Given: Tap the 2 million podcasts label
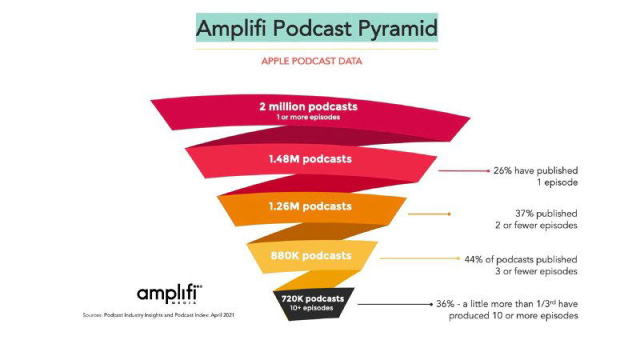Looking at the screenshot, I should (308, 106).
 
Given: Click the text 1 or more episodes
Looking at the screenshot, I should (308, 116).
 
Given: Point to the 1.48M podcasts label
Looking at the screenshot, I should (310, 158).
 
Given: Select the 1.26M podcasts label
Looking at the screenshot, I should (310, 206).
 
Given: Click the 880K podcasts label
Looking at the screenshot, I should (310, 256).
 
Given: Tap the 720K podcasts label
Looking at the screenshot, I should (312, 298).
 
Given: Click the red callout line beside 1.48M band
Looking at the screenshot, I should (463, 170).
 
